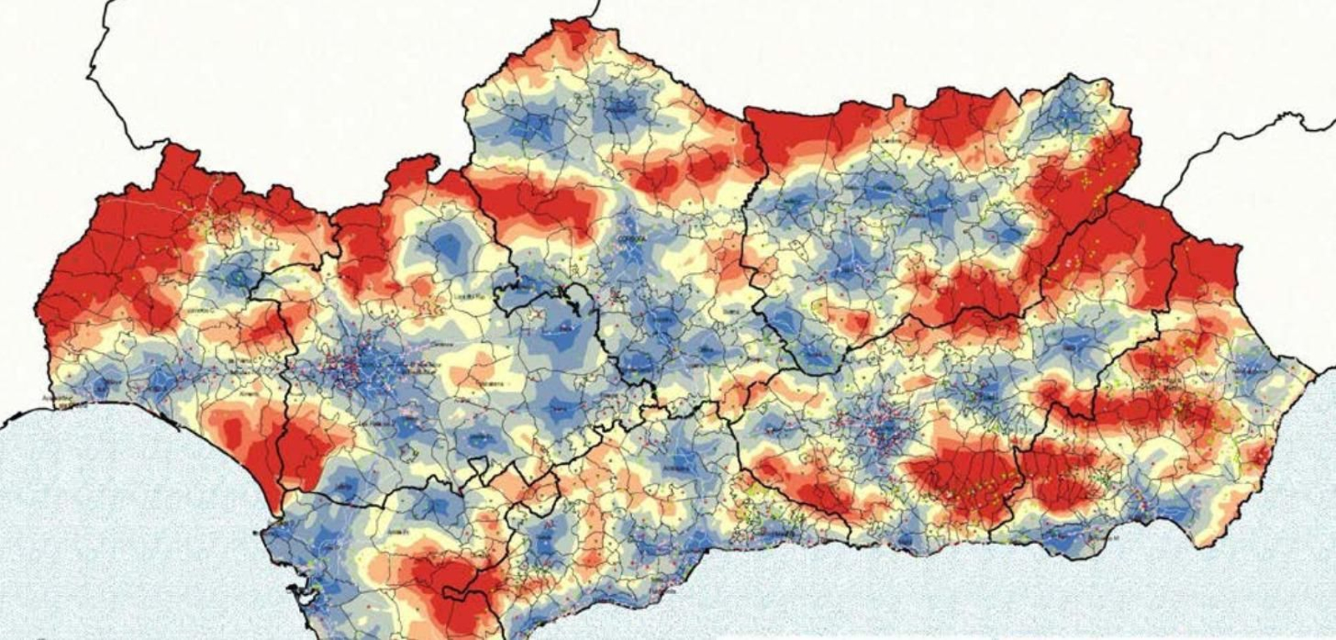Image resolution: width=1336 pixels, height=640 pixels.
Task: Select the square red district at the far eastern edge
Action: [1206, 271]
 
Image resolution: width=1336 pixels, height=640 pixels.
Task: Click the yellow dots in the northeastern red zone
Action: [1111, 167]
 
